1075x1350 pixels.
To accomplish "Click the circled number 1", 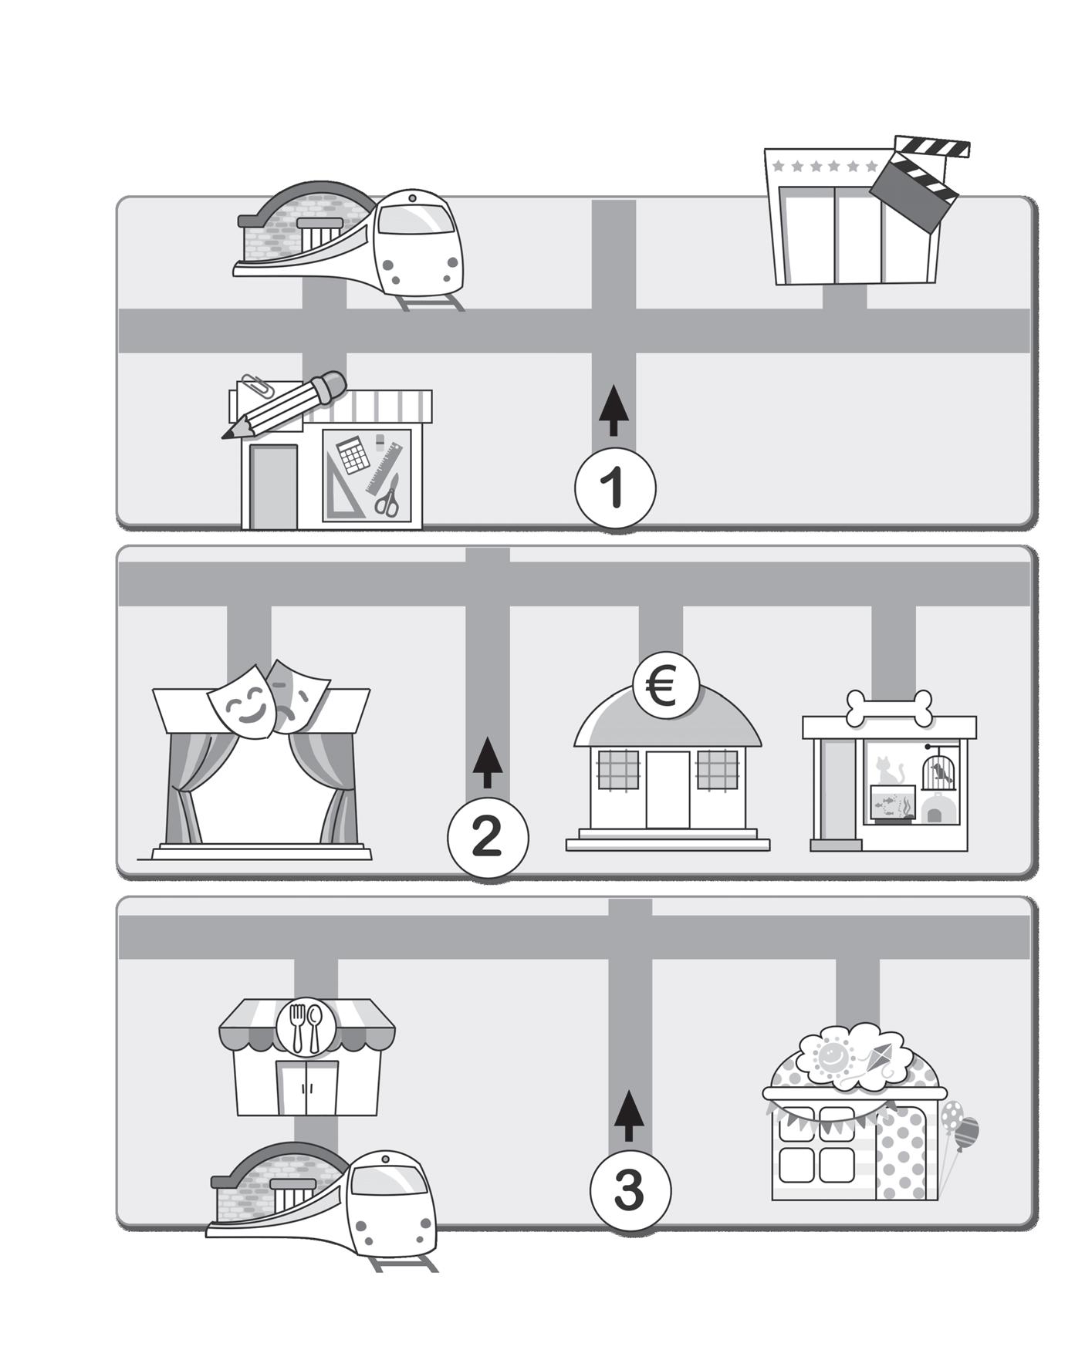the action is (615, 488).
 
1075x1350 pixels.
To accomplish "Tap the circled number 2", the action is (488, 837).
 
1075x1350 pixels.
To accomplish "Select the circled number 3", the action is (630, 1190).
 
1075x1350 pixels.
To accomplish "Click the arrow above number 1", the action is (614, 410).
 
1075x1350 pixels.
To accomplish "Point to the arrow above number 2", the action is (488, 762).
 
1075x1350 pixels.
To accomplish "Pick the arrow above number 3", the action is (630, 1115).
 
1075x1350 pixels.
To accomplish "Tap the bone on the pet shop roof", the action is (889, 708).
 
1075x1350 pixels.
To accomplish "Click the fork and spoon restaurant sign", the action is (306, 1027).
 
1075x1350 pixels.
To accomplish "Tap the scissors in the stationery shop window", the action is (388, 495).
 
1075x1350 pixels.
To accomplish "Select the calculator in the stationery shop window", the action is (352, 454).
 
